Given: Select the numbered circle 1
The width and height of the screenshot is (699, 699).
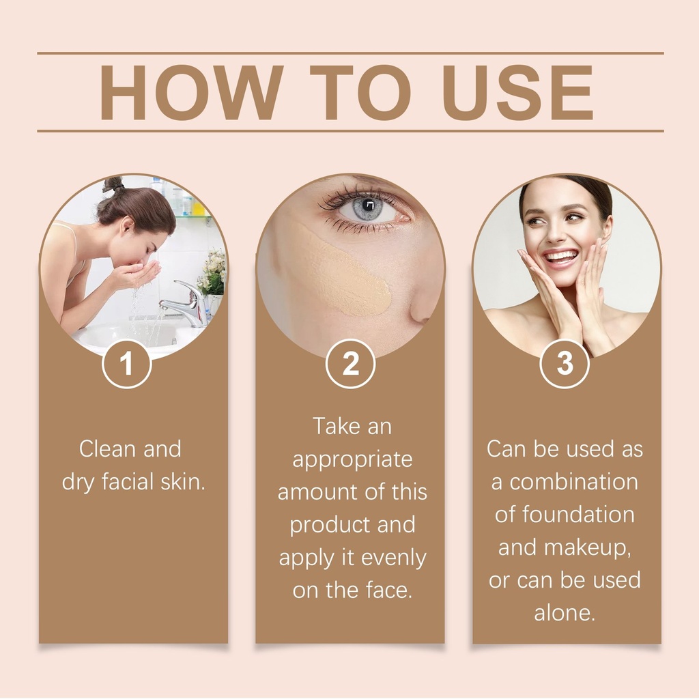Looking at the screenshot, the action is pos(126,363).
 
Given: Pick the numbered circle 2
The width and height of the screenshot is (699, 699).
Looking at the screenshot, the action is pos(350,363).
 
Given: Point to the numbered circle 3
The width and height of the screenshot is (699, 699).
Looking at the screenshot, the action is pos(565,363).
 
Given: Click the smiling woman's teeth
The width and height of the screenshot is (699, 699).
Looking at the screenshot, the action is pos(560,257).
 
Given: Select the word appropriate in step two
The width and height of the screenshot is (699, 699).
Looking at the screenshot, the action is pos(352,460).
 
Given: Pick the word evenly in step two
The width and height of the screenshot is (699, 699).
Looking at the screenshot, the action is pos(393,558).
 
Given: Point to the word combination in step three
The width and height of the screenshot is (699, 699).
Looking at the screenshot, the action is pos(573,482).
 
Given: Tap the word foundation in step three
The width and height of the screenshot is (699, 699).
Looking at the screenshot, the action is pos(578,515).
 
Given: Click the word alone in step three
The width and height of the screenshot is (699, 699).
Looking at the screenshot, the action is pos(565,613).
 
